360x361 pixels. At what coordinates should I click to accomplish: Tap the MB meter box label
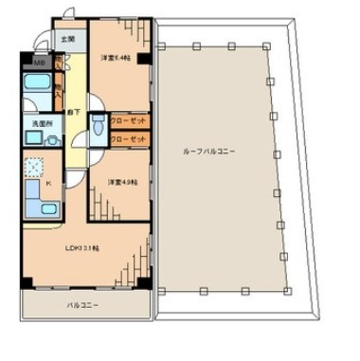coord(39,64)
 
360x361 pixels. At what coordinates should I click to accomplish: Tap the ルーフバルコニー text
coord(209,151)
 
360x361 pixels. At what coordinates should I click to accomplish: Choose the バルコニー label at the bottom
coord(83,306)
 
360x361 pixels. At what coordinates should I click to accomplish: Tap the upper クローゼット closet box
coord(128,122)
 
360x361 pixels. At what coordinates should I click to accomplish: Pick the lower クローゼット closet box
coord(128,139)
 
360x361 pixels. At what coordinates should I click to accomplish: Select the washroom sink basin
coord(31,140)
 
